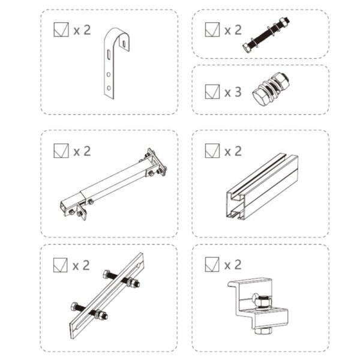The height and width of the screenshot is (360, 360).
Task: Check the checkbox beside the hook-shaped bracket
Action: click(61, 29)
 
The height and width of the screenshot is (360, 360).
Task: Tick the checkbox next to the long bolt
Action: click(212, 29)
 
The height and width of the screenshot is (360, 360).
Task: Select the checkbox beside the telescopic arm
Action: click(61, 150)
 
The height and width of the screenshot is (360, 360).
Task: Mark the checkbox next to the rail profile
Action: click(212, 150)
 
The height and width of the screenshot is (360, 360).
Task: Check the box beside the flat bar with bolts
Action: click(61, 264)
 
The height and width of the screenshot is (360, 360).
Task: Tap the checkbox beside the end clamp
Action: click(212, 264)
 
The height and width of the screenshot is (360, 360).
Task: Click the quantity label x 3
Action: click(233, 92)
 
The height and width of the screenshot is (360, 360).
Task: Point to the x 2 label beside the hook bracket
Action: click(82, 30)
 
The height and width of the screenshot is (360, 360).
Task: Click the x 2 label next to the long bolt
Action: click(233, 30)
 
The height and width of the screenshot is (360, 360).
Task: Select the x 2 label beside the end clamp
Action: click(233, 265)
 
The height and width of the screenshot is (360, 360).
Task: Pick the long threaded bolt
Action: click(268, 34)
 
